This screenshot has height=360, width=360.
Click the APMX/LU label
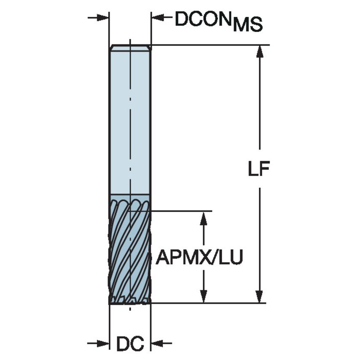tap(199, 257)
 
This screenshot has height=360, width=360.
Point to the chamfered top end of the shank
tap(130, 48)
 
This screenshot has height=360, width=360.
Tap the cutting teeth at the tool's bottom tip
tap(130, 300)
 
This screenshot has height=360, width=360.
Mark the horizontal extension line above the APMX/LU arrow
tap(181, 210)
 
